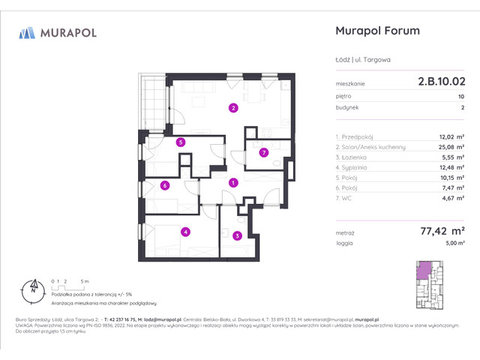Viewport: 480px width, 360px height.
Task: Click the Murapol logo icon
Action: click(x=27, y=32)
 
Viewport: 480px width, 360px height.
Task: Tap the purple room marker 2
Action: click(x=234, y=108)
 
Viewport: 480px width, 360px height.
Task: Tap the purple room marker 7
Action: click(x=263, y=153)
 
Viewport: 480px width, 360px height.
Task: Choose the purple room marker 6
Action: click(x=163, y=186)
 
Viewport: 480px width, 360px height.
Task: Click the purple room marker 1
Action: click(x=233, y=182)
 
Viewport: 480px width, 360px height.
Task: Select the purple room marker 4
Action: click(x=184, y=232)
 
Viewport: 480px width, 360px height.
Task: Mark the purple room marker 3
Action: click(x=236, y=236)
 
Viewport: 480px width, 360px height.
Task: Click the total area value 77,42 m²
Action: click(x=443, y=233)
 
